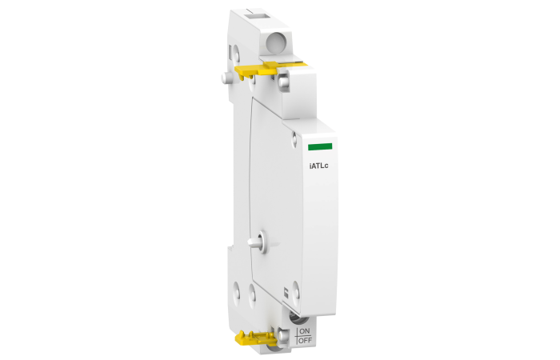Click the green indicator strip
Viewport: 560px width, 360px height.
320,147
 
